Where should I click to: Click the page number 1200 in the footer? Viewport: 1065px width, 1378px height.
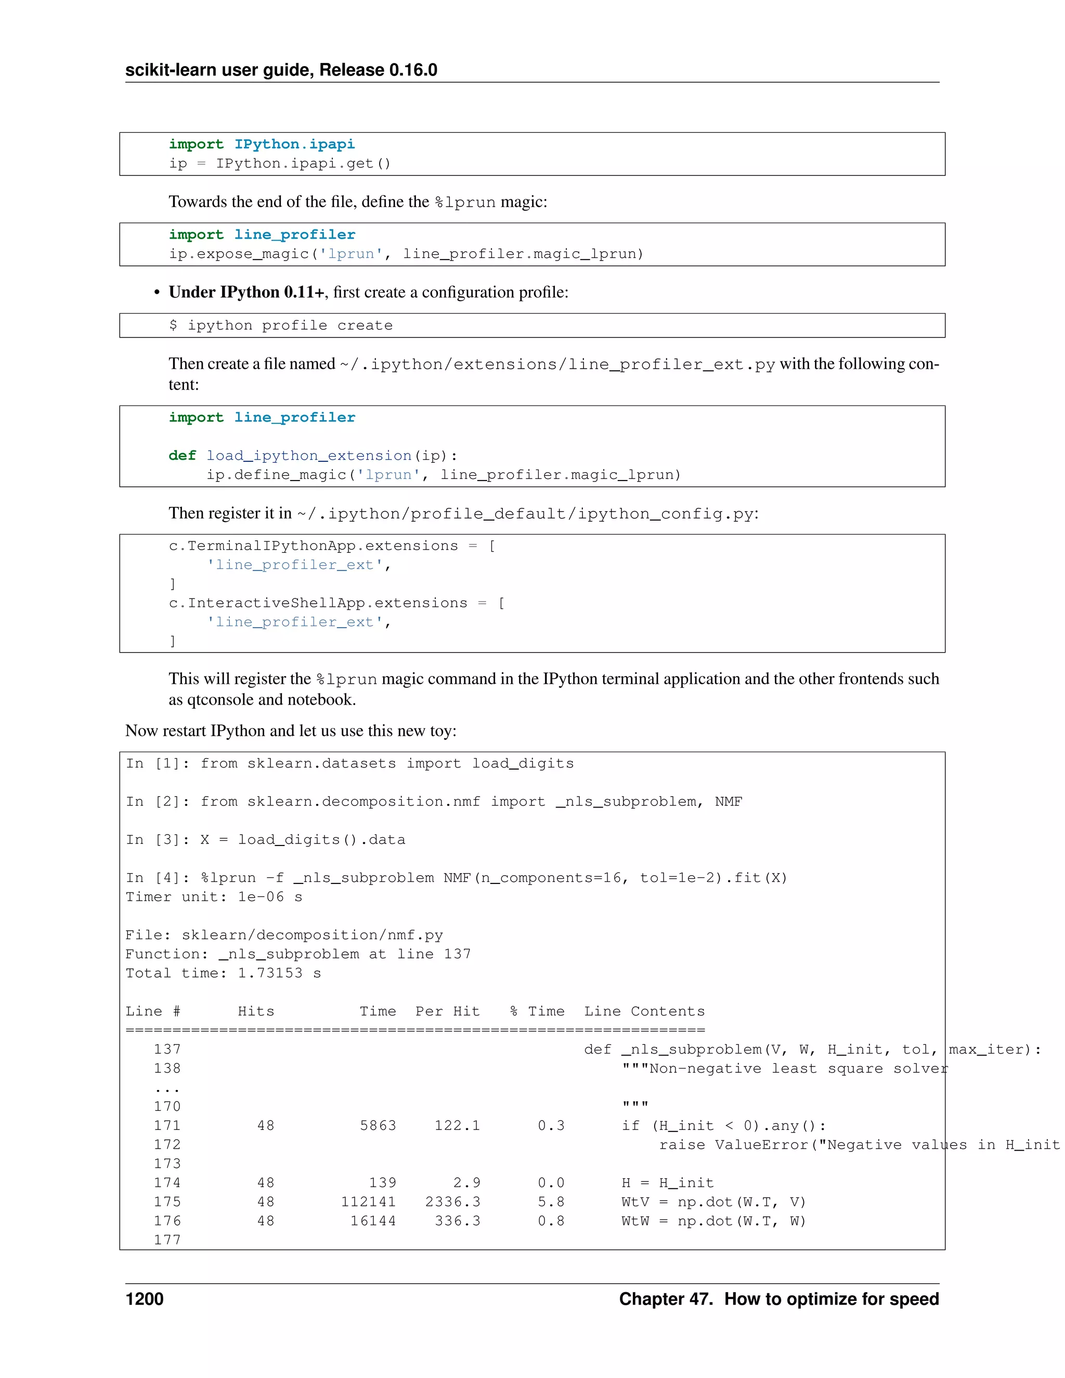click(x=145, y=1298)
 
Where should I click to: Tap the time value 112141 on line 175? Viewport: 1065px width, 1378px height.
click(x=369, y=1201)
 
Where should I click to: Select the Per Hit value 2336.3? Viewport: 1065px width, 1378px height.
click(x=452, y=1201)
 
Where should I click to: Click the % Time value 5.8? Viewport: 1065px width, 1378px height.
click(x=551, y=1201)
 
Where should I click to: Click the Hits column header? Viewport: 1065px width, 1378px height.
click(x=256, y=1011)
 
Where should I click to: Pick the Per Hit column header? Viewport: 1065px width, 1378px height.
click(x=447, y=1011)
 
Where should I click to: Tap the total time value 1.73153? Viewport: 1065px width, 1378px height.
click(x=270, y=973)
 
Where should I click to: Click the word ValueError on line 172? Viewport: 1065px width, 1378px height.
click(x=761, y=1145)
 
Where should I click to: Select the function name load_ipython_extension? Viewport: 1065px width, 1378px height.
click(x=309, y=456)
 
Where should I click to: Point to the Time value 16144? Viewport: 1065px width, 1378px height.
click(x=373, y=1220)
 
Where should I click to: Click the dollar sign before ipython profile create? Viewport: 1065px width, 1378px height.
click(x=173, y=326)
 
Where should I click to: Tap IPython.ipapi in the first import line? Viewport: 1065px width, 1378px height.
click(x=295, y=145)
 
